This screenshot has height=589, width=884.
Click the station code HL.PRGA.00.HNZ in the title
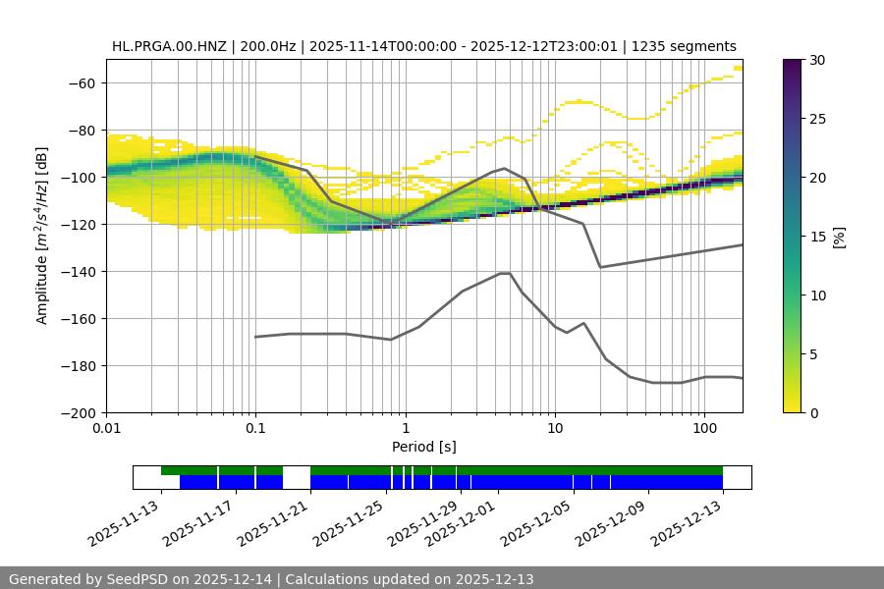tap(168, 46)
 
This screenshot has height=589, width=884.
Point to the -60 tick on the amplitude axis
tap(81, 83)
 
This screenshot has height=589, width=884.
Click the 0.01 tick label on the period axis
tap(106, 428)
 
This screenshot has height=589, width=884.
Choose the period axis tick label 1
tap(405, 428)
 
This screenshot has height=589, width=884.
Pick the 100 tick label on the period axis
tap(703, 428)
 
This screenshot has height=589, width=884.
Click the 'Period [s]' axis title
tap(424, 447)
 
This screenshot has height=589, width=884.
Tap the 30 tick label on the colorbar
tap(817, 60)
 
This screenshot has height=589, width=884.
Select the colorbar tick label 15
tap(817, 237)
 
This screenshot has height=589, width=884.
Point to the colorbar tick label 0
tap(814, 413)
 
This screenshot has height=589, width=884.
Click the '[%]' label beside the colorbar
tap(839, 237)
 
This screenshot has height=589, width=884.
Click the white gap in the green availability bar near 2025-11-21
tap(297, 471)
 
